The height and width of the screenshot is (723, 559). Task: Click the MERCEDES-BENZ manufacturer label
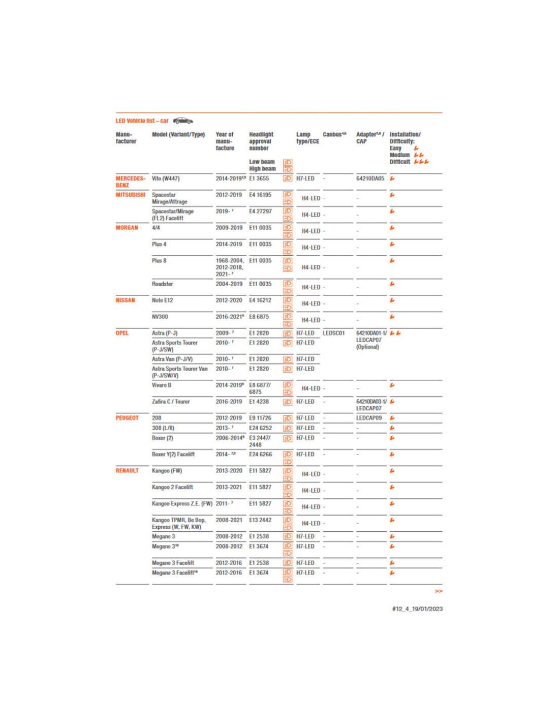click(130, 182)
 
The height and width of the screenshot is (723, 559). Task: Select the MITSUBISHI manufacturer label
click(130, 195)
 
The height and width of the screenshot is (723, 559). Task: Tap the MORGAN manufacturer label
click(127, 228)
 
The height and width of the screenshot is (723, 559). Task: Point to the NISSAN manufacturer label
click(125, 300)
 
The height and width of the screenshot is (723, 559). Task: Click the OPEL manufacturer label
click(122, 333)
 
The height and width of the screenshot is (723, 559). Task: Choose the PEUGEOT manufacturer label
click(127, 418)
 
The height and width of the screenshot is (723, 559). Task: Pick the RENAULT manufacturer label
click(127, 471)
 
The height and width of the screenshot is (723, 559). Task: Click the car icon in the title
click(183, 120)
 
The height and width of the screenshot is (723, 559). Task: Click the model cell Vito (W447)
click(166, 178)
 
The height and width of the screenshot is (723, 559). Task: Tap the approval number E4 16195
click(260, 195)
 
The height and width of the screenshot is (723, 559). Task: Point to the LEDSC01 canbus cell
click(334, 333)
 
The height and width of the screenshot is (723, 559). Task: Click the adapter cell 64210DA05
click(370, 178)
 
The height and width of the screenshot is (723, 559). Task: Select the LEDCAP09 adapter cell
click(369, 418)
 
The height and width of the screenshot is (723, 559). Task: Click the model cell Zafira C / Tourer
click(171, 402)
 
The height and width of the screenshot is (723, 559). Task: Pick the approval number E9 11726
click(260, 418)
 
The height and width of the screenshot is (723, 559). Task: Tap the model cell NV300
click(160, 317)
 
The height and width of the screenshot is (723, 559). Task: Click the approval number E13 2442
click(260, 520)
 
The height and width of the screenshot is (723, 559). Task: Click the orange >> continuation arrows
click(439, 591)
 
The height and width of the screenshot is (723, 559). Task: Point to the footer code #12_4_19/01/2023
click(417, 609)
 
